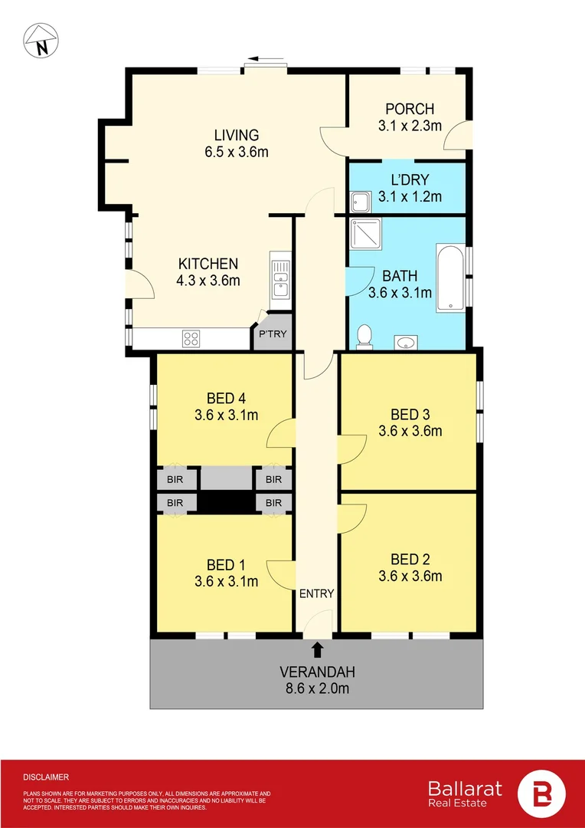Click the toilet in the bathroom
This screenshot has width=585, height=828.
click(365, 336)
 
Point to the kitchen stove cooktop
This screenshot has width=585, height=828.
click(191, 337)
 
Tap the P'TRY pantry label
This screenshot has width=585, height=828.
click(273, 334)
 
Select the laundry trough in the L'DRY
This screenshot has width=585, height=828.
click(359, 202)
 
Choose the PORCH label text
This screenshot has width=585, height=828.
click(410, 109)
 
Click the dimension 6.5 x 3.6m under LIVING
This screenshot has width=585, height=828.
click(236, 152)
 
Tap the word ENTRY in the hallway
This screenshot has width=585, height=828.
click(316, 593)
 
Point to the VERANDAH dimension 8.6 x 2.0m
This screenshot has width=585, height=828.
click(317, 688)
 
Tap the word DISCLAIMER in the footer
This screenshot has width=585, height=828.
click(46, 777)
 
